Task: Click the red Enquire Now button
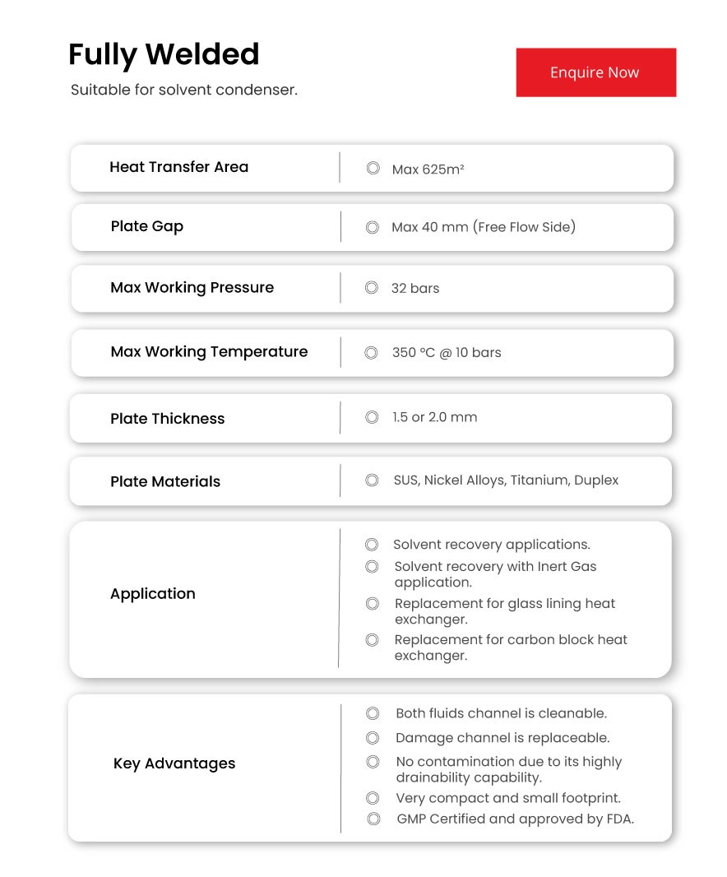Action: click(595, 72)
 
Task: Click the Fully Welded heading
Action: click(164, 54)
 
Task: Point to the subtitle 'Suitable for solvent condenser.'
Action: click(183, 90)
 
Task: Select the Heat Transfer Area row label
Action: click(178, 167)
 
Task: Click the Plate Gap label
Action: click(146, 226)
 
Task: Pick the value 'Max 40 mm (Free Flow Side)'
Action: click(484, 227)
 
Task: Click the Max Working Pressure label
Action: click(192, 288)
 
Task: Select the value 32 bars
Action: click(415, 288)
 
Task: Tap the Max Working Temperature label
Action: click(209, 352)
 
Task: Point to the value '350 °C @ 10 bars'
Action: click(447, 352)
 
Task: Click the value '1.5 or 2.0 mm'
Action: click(434, 417)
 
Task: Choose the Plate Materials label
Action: click(165, 482)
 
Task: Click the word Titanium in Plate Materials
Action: click(539, 480)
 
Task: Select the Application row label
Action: click(153, 594)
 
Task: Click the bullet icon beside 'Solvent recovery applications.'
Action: click(372, 545)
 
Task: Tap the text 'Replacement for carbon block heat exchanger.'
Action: click(510, 647)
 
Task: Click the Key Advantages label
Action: click(174, 763)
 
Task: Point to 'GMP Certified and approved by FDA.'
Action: click(515, 819)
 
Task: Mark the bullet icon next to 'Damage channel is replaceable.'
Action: click(373, 738)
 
